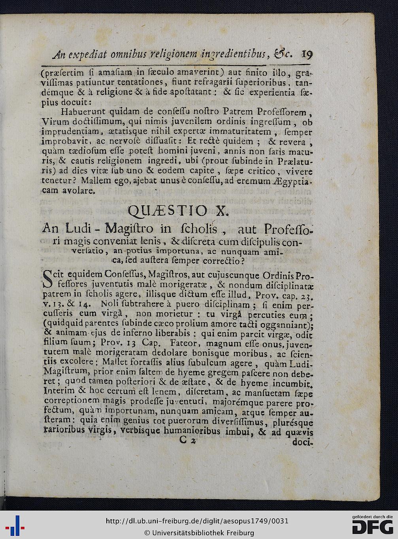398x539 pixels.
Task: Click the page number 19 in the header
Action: (x=307, y=54)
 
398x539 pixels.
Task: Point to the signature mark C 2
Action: (x=187, y=440)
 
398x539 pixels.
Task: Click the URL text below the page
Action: (x=197, y=521)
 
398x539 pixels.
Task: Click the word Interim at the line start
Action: (x=59, y=391)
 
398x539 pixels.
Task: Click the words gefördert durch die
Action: (x=372, y=516)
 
